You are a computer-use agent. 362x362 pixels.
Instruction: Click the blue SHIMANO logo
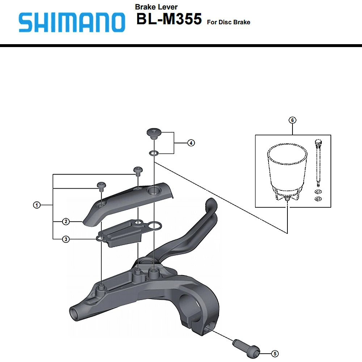(x=72, y=22)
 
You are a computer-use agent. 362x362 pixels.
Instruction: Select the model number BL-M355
(x=169, y=19)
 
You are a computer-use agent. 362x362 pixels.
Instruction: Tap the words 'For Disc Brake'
(x=228, y=22)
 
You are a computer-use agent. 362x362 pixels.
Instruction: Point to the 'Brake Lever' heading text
(x=156, y=7)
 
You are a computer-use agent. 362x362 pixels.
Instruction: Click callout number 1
(x=37, y=205)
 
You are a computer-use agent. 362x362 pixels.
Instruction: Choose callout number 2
(x=66, y=222)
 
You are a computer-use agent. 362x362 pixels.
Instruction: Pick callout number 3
(x=66, y=239)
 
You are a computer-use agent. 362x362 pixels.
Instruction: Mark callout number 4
(x=191, y=143)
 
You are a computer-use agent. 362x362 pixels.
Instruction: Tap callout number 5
(x=275, y=353)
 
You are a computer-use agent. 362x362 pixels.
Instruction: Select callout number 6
(x=292, y=120)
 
